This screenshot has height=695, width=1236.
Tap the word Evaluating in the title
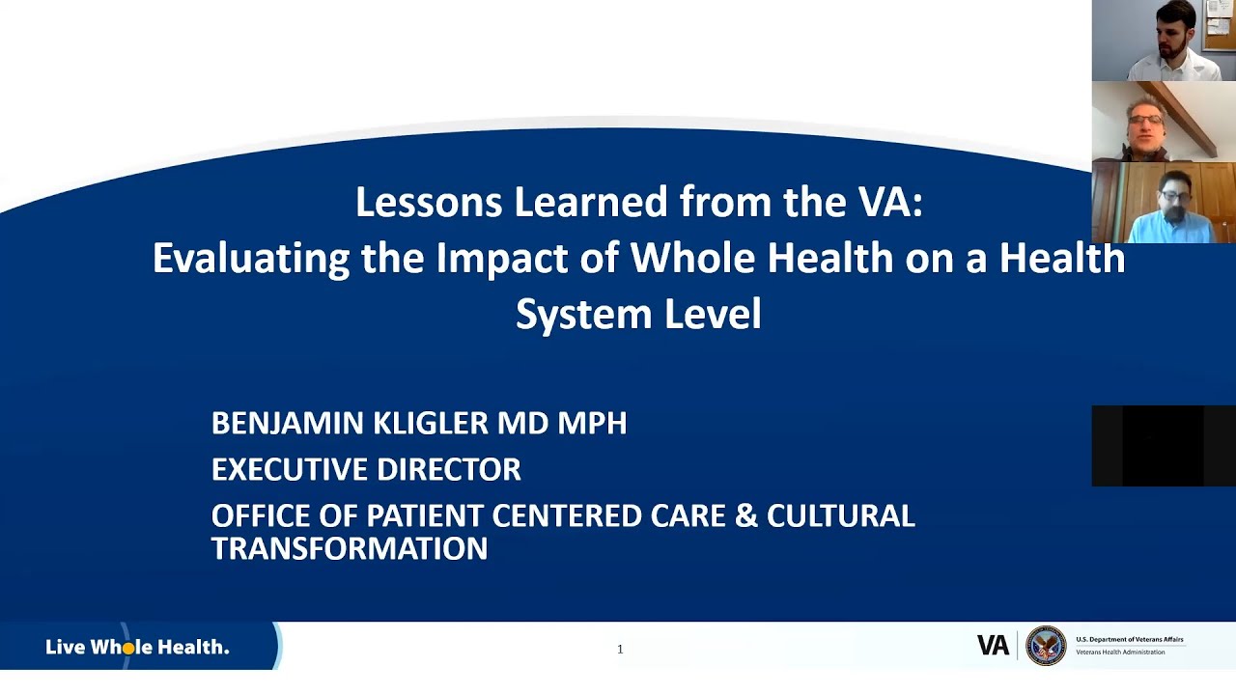tap(251, 259)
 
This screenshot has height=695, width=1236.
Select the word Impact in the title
tap(495, 259)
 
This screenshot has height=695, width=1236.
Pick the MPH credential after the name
tap(592, 423)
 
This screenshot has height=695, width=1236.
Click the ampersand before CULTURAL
tap(746, 516)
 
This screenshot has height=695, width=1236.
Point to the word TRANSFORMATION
tap(350, 549)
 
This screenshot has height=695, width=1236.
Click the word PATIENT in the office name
tap(425, 516)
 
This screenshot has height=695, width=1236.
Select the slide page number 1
tap(620, 650)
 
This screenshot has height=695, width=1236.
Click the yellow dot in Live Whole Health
tap(128, 649)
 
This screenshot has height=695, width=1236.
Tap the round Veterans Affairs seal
tap(1046, 646)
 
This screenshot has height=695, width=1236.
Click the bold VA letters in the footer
tap(993, 646)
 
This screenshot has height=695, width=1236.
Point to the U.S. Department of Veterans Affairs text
tap(1129, 640)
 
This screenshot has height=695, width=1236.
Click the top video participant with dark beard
tap(1164, 41)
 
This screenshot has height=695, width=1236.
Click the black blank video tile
tap(1164, 446)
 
